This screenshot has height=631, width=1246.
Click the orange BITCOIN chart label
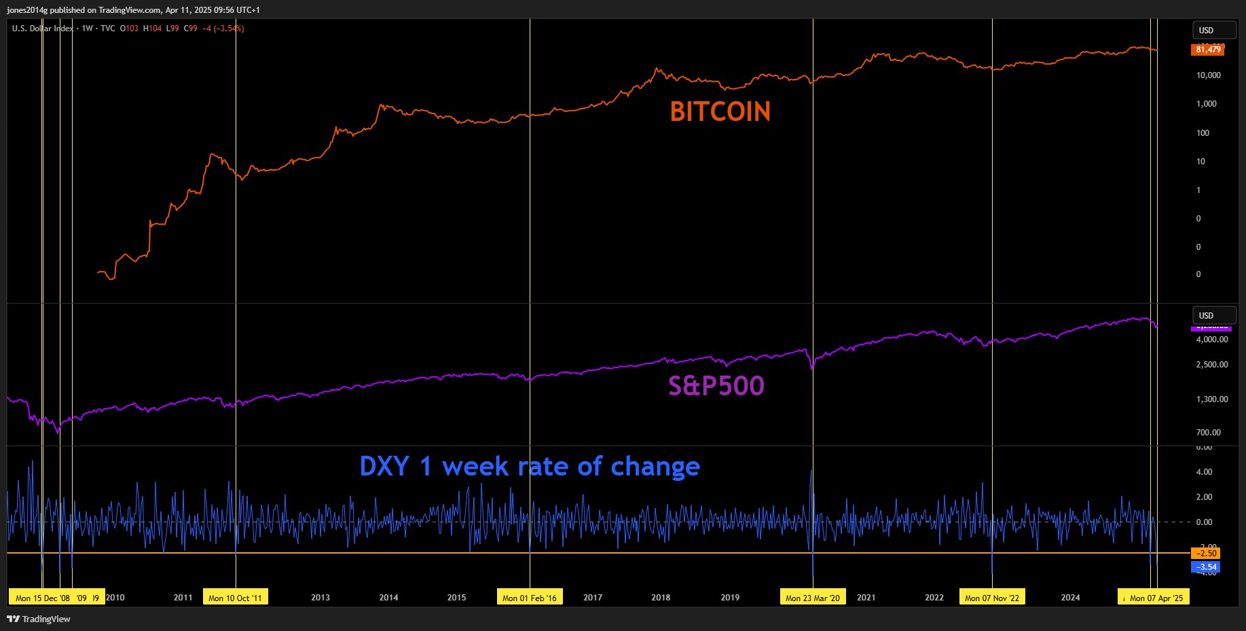pos(720,112)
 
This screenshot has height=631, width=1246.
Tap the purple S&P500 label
pos(716,386)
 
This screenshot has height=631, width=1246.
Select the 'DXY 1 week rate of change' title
pos(530,467)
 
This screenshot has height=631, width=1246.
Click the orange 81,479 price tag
pos(1208,50)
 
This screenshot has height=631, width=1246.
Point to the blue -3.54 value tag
pos(1206,567)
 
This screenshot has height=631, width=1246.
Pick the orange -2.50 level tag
pos(1206,554)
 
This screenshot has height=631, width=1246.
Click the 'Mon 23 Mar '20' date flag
pos(812,598)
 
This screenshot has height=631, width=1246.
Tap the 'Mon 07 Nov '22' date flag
pos(991,598)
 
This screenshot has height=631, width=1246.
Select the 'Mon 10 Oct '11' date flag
pos(235,598)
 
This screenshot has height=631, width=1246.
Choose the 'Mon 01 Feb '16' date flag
pos(529,598)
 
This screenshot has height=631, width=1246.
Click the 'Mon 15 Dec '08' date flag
pos(42,598)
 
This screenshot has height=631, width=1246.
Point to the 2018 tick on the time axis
pos(661,598)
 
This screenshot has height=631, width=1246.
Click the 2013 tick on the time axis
pos(320,598)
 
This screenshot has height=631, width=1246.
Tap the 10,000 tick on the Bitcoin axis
pos(1209,75)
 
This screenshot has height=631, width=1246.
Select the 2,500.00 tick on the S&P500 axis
pos(1212,365)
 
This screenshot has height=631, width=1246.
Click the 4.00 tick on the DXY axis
pos(1204,472)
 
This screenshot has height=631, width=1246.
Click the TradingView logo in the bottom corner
pos(39,619)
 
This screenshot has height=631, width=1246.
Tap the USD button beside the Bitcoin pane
pos(1213,31)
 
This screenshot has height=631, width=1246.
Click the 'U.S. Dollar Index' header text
pos(43,29)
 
